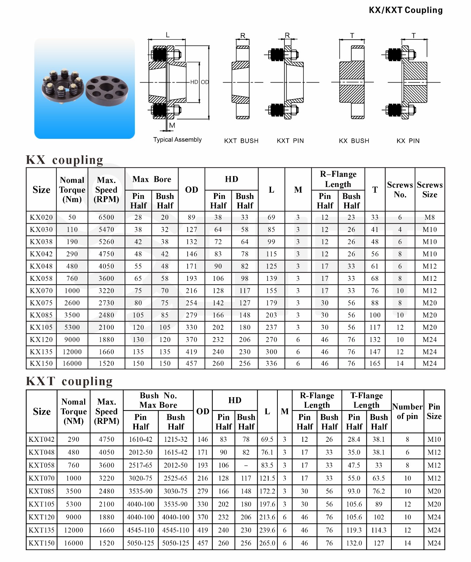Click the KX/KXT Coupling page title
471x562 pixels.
click(x=406, y=10)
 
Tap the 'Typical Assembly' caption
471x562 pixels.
click(x=177, y=140)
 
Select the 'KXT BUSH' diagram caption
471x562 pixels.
click(x=241, y=141)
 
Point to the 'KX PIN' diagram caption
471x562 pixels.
click(x=408, y=141)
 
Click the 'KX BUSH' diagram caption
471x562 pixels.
click(x=354, y=141)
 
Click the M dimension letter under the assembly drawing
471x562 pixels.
click(x=172, y=125)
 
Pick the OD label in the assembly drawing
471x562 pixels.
click(x=205, y=82)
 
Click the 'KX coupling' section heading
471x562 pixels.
click(x=65, y=160)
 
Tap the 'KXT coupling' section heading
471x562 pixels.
click(x=69, y=381)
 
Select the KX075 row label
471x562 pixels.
click(x=41, y=303)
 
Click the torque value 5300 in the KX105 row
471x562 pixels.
click(x=72, y=327)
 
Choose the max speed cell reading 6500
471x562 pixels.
click(x=106, y=217)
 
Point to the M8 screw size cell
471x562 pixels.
click(x=429, y=217)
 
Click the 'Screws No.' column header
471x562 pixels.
click(x=400, y=190)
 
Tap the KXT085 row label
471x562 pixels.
click(x=42, y=491)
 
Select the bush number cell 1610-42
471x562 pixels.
click(x=140, y=439)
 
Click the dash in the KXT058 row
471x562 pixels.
click(x=246, y=465)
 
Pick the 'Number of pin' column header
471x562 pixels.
click(x=407, y=412)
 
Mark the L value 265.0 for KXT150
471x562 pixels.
click(x=267, y=543)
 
